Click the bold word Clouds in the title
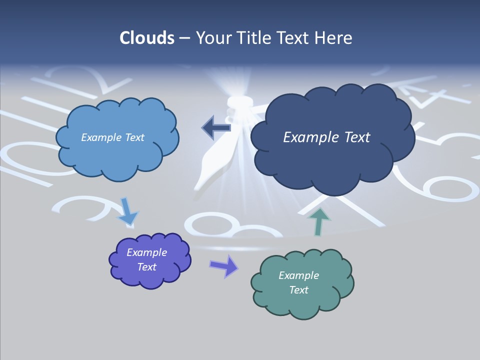(147, 38)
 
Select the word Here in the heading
(335, 38)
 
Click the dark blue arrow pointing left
(216, 128)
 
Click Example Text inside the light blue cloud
(112, 137)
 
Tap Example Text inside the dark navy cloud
(326, 137)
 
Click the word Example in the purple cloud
(146, 252)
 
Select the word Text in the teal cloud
(298, 290)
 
